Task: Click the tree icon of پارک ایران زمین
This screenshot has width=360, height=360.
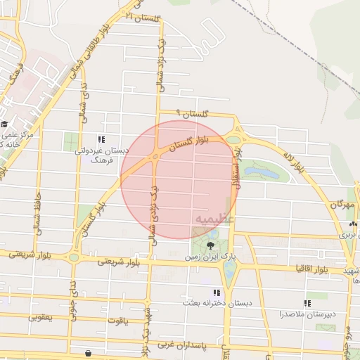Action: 211,245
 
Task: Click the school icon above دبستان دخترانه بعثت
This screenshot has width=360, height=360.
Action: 217,292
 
